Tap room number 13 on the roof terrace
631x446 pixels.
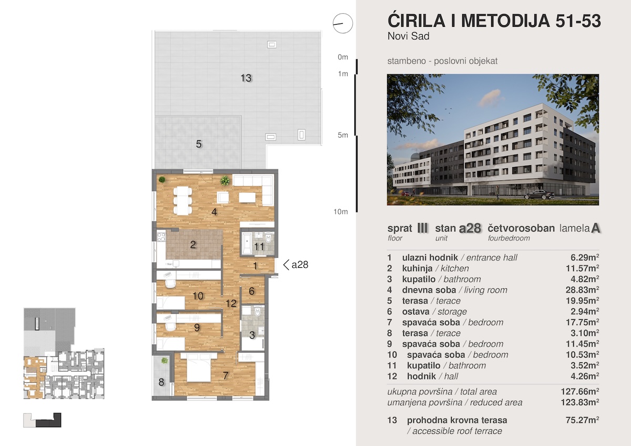pos(246,78)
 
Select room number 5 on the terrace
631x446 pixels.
pos(199,144)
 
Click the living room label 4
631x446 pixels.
pos(214,212)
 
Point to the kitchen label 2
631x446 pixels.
pos(192,245)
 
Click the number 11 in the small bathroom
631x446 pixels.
pos(259,247)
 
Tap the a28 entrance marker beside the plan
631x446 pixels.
pos(296,265)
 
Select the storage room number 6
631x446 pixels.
pos(251,291)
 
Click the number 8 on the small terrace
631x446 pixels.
pos(161,382)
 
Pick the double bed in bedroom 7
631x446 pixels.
pos(199,368)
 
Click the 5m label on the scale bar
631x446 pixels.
pos(342,135)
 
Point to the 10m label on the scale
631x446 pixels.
pos(341,212)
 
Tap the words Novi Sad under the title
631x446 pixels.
pos(409,36)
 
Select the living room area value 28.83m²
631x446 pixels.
pos(582,290)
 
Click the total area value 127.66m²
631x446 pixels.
pos(579,392)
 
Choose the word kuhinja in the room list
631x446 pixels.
pos(417,269)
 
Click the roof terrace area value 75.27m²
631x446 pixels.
pos(582,420)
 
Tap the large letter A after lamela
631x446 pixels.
pos(595,228)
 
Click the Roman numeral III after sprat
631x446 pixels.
pos(423,228)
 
